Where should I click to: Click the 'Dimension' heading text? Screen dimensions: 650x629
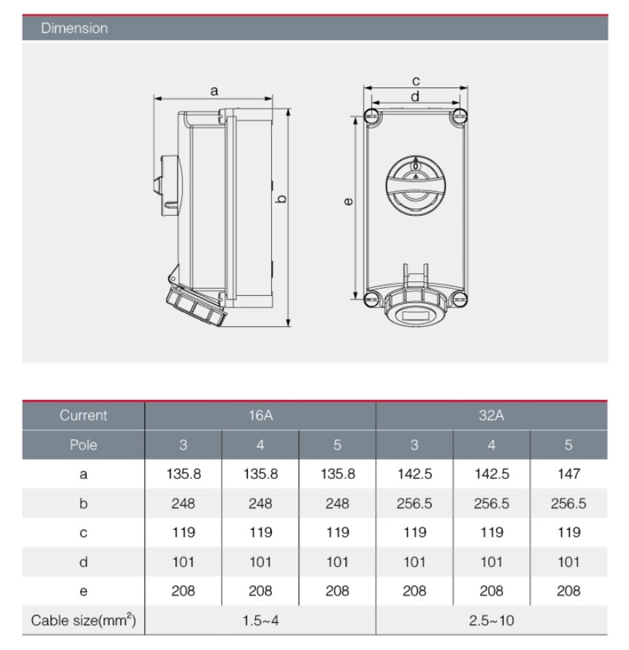(74, 28)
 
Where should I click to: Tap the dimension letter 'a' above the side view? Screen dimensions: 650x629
(214, 92)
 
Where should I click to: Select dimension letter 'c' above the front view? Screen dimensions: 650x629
(416, 81)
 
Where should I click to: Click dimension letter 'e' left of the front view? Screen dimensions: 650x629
(348, 202)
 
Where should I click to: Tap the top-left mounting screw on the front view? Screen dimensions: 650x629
(371, 115)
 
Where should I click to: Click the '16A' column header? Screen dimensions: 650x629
(260, 416)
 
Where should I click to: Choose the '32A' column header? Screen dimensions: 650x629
(491, 416)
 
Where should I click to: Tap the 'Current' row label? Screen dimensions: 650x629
(84, 416)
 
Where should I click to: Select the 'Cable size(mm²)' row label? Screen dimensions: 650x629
(84, 620)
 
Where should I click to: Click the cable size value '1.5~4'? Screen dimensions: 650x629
(260, 620)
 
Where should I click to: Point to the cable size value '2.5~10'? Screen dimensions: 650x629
(491, 620)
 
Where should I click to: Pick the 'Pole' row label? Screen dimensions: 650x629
(84, 445)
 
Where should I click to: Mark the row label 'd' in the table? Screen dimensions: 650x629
(84, 562)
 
